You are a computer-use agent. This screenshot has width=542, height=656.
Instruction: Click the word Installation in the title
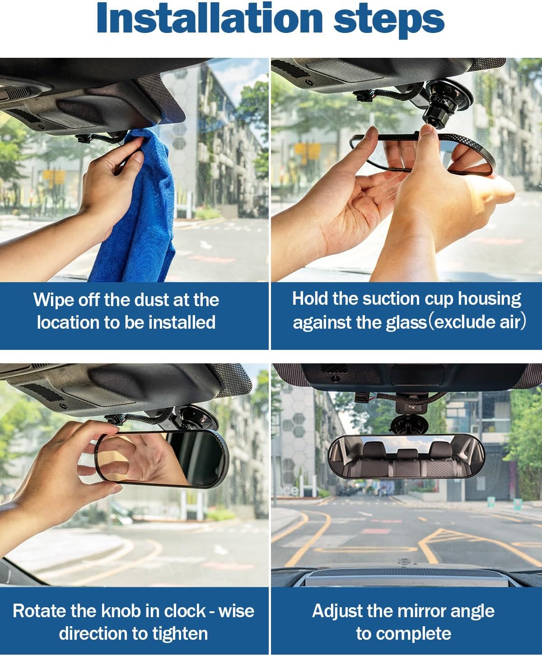point(210,18)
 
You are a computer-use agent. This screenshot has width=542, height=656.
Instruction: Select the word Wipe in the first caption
point(52,300)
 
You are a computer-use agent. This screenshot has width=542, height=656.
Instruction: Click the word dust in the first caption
point(152,300)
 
